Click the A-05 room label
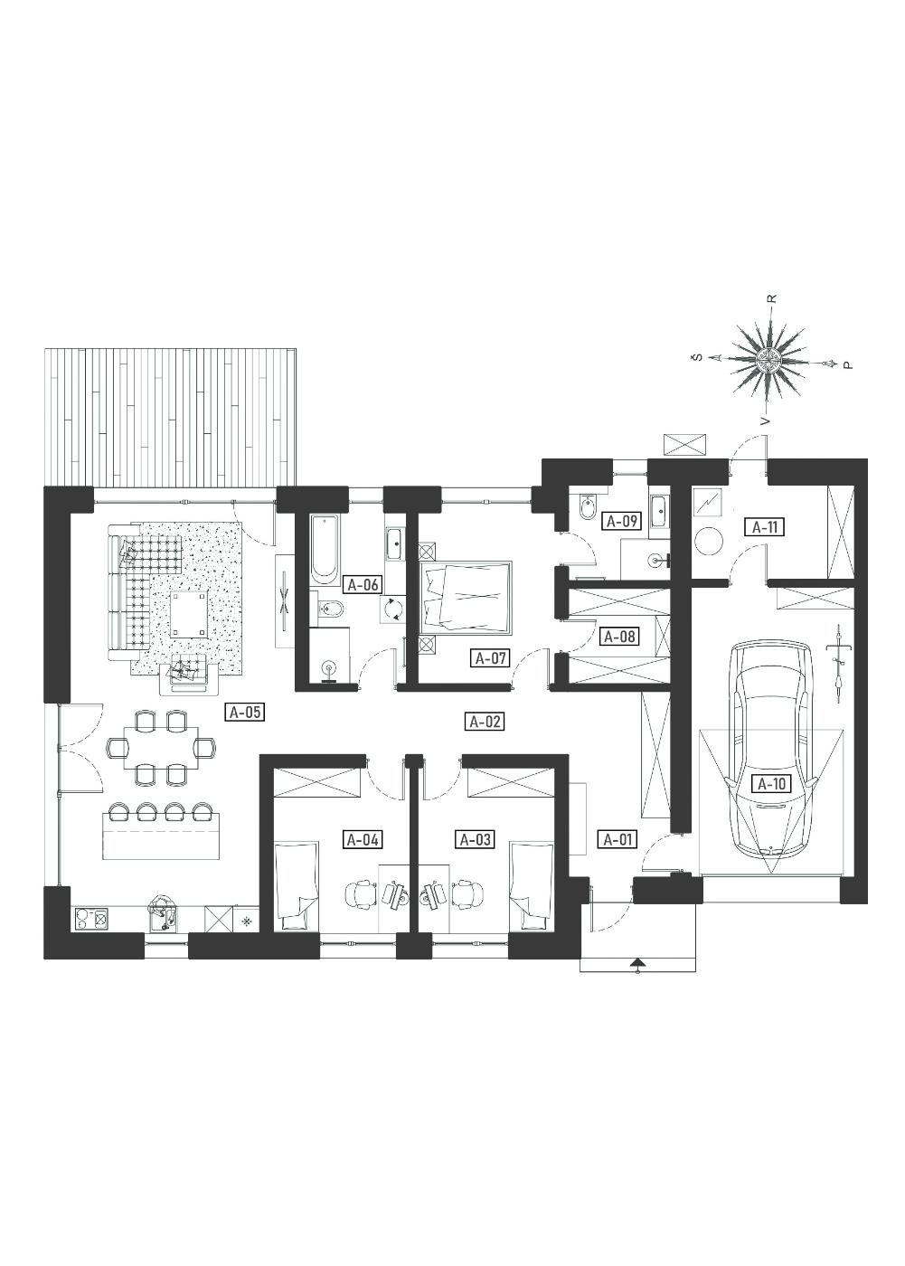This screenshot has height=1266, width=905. [x=245, y=712]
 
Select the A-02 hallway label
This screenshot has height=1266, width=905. [x=485, y=722]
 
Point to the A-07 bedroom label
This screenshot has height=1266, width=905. [x=490, y=658]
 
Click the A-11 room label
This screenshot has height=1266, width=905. [x=765, y=526]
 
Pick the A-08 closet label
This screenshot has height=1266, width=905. [x=619, y=637]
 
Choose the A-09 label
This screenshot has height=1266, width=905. [x=622, y=521]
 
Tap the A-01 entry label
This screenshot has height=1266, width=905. [x=617, y=839]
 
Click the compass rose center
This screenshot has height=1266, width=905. [x=769, y=357]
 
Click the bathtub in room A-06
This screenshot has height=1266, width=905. [x=325, y=548]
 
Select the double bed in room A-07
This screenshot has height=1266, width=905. [x=465, y=598]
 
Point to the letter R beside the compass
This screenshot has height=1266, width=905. [x=774, y=298]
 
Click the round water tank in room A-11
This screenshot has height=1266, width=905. [x=709, y=542]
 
